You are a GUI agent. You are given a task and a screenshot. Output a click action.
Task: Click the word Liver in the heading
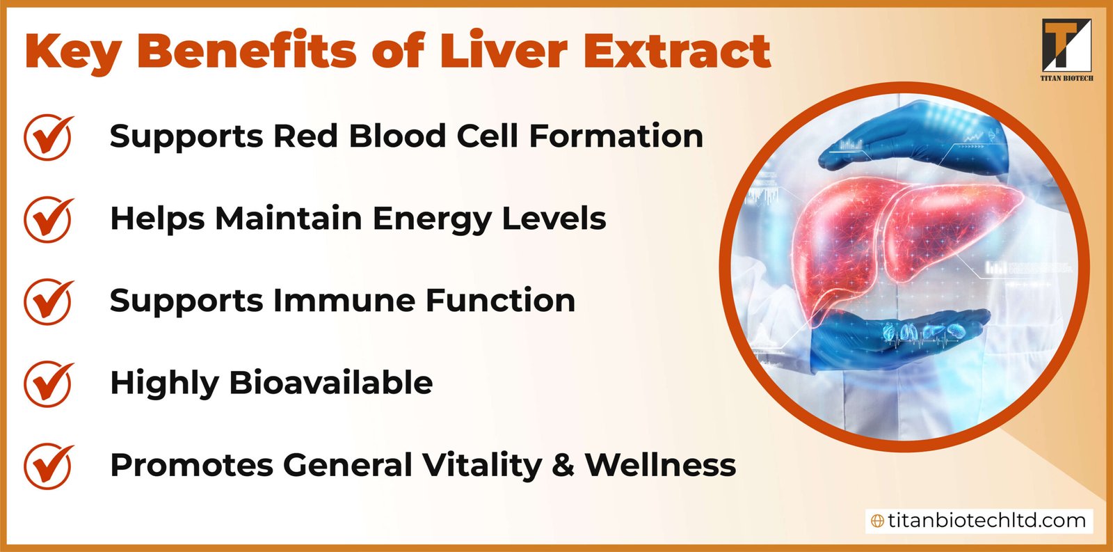coord(503,51)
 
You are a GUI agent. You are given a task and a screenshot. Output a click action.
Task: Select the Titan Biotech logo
coord(1066,49)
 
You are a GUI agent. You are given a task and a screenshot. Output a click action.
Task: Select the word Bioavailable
coord(330,383)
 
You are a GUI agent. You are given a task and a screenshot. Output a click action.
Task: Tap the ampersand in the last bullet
coord(563,466)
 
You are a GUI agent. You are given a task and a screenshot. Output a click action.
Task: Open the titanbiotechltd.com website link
coord(986,521)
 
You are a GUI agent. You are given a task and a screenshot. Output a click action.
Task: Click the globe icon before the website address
coord(878,521)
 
